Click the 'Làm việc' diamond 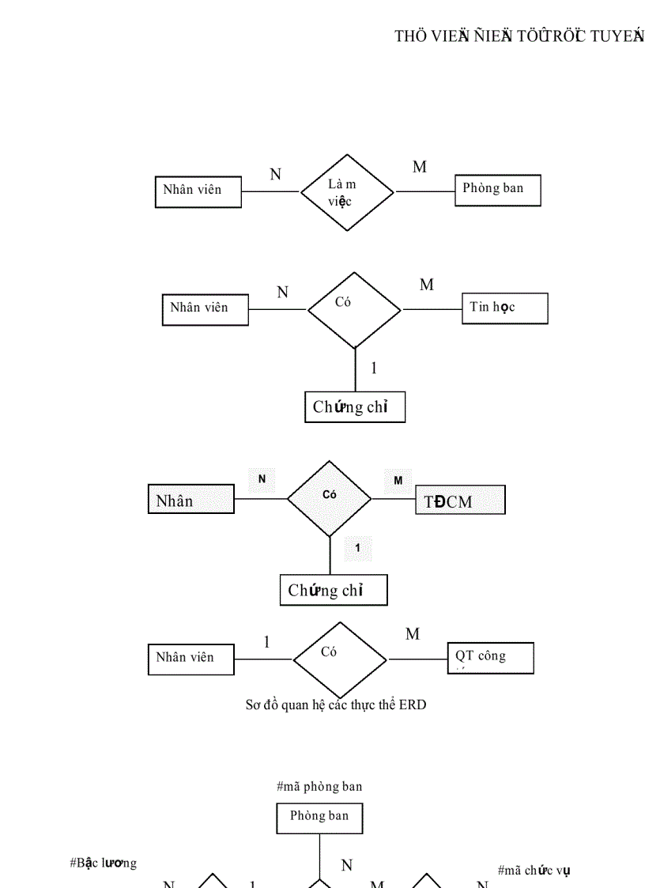click(346, 192)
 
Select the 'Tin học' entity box click(504, 308)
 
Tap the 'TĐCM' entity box click(460, 501)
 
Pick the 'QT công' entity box click(490, 658)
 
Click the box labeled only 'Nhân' click(191, 501)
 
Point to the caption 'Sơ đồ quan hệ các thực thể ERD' click(335, 705)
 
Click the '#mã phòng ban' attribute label click(319, 786)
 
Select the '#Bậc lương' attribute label click(104, 863)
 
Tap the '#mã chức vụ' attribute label click(534, 870)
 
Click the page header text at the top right click(519, 36)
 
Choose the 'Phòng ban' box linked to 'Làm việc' click(498, 190)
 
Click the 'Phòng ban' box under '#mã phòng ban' click(319, 817)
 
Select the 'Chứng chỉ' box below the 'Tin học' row click(355, 407)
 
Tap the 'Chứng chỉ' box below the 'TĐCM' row click(334, 591)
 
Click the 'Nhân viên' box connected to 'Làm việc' click(198, 191)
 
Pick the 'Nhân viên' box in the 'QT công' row click(190, 659)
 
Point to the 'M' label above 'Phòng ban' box click(420, 167)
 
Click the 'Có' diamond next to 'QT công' click(340, 659)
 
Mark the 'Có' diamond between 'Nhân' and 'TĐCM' click(330, 499)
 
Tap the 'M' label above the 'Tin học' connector click(427, 285)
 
